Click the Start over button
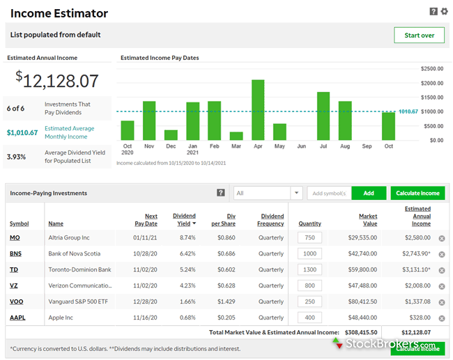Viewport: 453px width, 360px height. pos(419,36)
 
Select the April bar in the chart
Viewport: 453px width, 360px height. pos(258,110)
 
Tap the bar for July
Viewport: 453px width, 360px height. pos(323,116)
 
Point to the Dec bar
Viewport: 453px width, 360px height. pos(171,135)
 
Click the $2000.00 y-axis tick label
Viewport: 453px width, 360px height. pos(432,83)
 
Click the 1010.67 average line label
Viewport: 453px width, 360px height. pos(408,111)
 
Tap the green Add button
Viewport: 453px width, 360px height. pos(369,193)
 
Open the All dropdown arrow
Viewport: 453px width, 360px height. pos(296,193)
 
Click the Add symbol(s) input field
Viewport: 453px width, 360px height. pos(330,193)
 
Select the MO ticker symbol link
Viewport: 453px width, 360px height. pos(15,237)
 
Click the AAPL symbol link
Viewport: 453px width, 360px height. pos(17,318)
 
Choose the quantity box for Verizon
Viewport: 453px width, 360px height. pos(309,285)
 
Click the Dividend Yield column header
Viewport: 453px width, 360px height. pos(184,220)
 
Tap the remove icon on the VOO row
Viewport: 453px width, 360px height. pos(442,302)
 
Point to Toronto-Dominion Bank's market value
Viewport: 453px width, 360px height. pos(362,269)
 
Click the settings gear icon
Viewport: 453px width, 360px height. pos(445,11)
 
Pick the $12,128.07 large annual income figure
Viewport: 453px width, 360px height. pos(57,80)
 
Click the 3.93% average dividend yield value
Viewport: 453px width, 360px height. pos(16,157)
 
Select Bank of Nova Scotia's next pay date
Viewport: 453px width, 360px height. pos(145,253)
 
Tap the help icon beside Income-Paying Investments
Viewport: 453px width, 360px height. pos(221,193)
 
